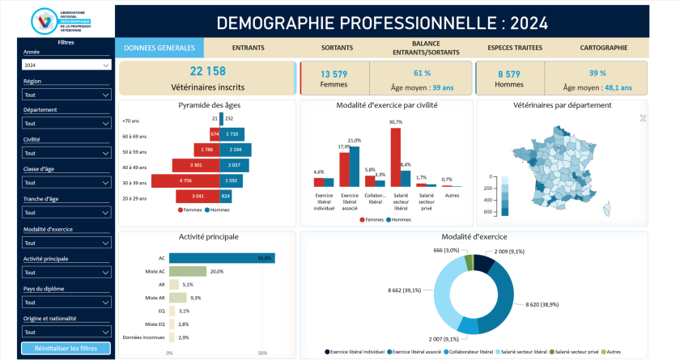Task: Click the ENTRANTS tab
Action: point(249,48)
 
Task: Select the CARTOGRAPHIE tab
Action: point(603,48)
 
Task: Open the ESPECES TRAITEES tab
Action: point(516,48)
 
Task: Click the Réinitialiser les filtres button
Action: point(66,349)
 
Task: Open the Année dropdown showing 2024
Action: point(66,65)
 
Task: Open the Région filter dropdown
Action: point(66,95)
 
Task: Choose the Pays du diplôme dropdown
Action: point(66,302)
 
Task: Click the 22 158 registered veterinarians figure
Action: point(208,71)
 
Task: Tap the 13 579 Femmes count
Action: point(334,74)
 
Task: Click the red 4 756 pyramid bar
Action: point(185,181)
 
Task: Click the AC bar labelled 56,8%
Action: point(222,258)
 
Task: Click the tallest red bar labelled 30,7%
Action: point(395,157)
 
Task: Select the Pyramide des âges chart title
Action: point(210,105)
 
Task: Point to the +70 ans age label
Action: point(130,120)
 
